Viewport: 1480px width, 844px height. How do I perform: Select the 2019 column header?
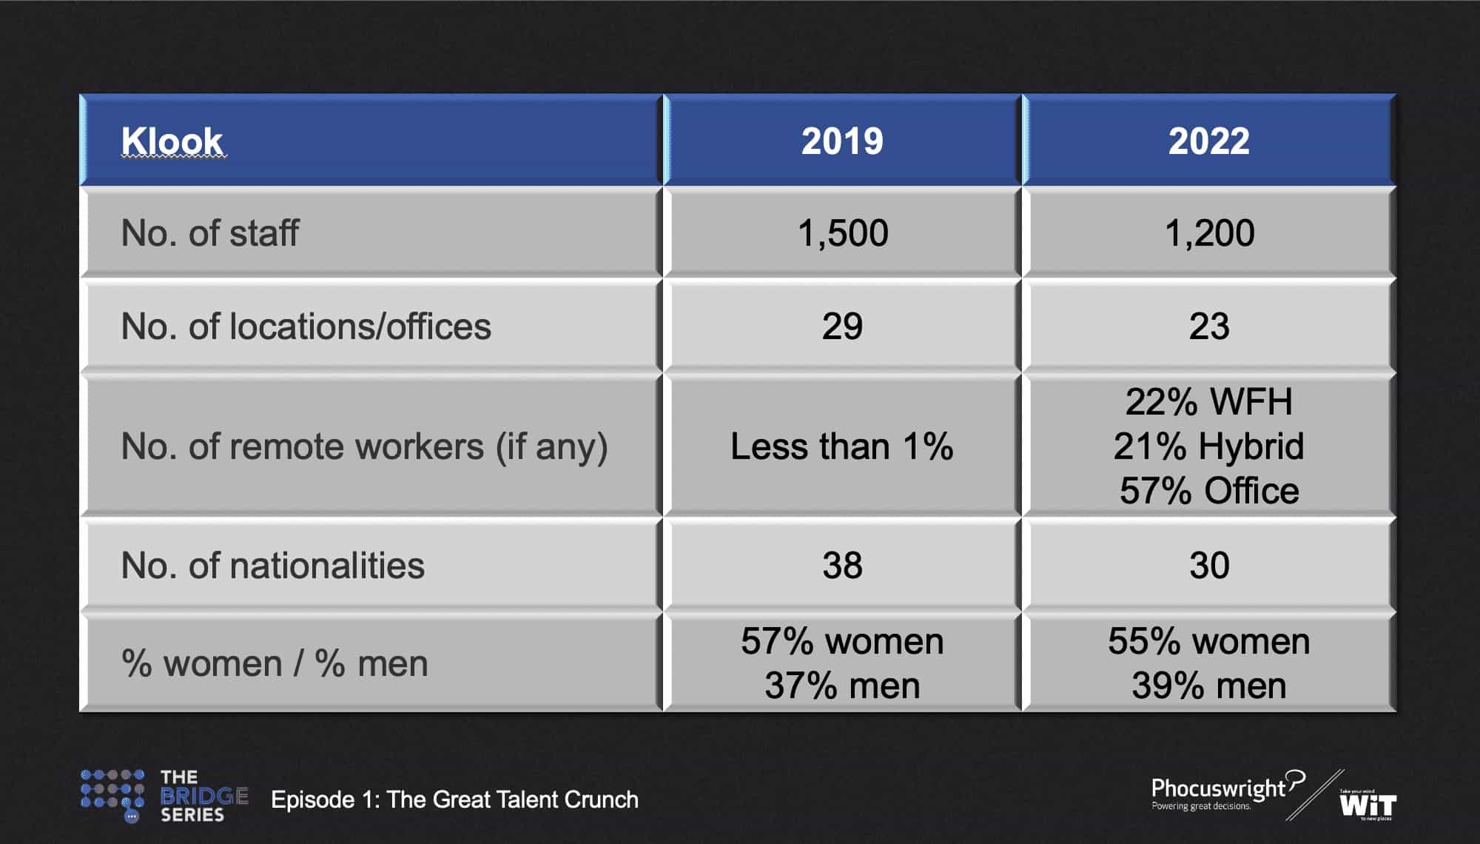tap(842, 141)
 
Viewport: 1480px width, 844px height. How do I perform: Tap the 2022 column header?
tap(1209, 141)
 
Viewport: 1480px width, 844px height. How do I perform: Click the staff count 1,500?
tap(843, 233)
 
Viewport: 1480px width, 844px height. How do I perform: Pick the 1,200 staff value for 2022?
tap(1210, 233)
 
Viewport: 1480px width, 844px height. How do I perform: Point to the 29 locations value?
tap(842, 326)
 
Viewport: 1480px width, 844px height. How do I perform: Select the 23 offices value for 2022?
tap(1209, 326)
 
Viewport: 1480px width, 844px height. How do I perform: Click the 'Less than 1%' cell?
tap(842, 446)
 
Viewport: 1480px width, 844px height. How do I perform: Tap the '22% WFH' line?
tap(1209, 402)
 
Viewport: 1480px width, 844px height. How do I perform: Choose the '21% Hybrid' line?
tap(1209, 446)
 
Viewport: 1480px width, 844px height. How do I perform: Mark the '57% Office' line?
tap(1209, 491)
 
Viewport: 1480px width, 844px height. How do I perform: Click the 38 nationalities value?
tap(842, 566)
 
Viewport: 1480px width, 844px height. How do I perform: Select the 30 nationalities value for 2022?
tap(1209, 566)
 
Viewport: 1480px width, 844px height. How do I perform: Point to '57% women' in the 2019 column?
tap(842, 641)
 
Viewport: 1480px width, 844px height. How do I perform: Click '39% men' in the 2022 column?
tap(1209, 686)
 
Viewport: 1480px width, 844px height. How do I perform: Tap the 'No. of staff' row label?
tap(210, 233)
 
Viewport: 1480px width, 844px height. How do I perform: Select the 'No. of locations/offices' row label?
tap(306, 326)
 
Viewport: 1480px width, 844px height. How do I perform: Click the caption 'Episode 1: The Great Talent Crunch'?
tap(454, 800)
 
